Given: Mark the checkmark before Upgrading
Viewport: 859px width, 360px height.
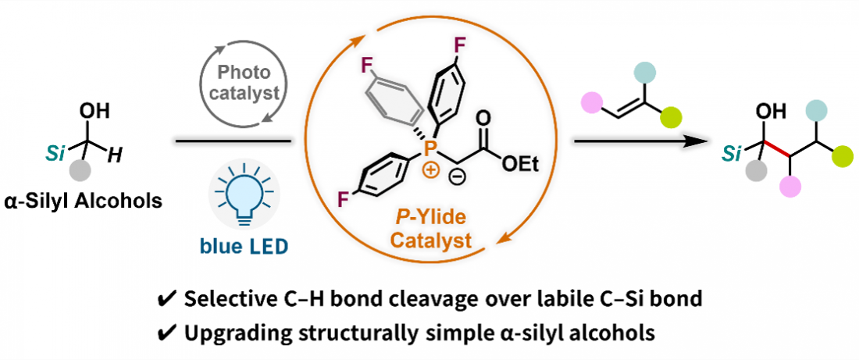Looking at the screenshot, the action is (x=169, y=332).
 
